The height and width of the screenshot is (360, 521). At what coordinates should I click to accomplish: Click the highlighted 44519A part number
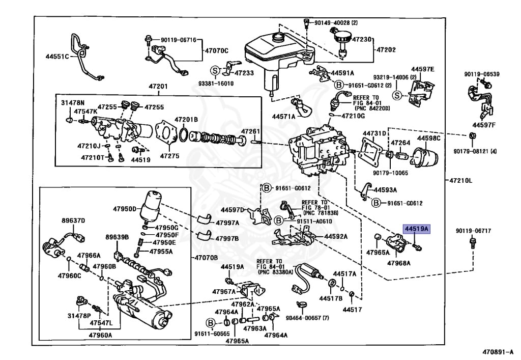pyautogui.click(x=417, y=229)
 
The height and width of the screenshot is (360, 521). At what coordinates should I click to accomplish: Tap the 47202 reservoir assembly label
pyautogui.click(x=386, y=50)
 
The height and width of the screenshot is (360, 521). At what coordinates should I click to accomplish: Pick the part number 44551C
pyautogui.click(x=57, y=57)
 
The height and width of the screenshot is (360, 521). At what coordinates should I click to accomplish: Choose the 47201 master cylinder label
pyautogui.click(x=158, y=87)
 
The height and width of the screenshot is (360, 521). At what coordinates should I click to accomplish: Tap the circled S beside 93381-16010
pyautogui.click(x=215, y=70)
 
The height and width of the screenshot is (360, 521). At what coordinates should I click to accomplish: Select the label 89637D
pyautogui.click(x=73, y=220)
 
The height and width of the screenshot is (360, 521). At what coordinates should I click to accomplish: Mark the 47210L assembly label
pyautogui.click(x=460, y=180)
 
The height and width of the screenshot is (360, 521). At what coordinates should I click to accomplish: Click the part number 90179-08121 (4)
pyautogui.click(x=475, y=151)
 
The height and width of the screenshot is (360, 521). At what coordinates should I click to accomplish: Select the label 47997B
pyautogui.click(x=227, y=239)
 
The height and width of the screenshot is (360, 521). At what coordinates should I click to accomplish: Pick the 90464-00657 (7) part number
pyautogui.click(x=307, y=318)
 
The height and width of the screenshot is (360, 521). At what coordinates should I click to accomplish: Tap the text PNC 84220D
pyautogui.click(x=372, y=108)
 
